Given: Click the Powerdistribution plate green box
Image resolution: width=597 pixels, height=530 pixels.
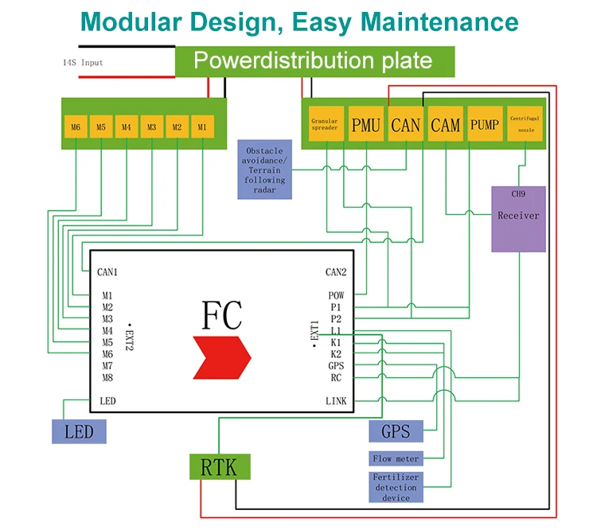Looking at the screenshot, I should click(314, 61).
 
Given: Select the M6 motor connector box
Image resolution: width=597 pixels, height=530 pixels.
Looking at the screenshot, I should click(76, 127).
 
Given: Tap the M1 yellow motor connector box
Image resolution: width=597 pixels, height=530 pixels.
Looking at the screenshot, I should click(202, 127).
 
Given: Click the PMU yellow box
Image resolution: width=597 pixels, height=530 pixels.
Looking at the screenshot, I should click(365, 125).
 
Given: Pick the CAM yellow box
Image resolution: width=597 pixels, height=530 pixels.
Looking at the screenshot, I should click(445, 125).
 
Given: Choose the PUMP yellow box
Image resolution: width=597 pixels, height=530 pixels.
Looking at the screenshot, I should click(485, 125).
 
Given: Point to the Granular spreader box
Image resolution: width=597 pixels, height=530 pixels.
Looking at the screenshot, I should click(325, 125).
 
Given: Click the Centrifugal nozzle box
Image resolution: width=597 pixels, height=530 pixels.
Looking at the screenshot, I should click(525, 125).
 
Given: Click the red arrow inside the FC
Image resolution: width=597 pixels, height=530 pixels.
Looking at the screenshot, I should click(221, 357).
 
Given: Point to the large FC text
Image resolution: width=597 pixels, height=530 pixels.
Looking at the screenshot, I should click(221, 314).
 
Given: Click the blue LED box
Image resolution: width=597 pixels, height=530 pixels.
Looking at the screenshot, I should click(79, 432).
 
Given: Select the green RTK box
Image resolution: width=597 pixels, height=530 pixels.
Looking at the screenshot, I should click(219, 466).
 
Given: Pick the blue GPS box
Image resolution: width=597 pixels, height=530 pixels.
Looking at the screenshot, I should click(396, 432).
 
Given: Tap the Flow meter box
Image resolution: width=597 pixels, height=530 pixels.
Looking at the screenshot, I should click(396, 458).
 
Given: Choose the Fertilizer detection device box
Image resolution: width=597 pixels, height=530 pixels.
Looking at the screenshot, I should click(396, 487).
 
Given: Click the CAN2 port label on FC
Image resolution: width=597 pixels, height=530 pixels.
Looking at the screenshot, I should click(334, 272).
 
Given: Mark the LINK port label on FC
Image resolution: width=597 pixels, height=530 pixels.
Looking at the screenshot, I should click(336, 401).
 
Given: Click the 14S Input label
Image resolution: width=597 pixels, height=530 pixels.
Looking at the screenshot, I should click(83, 62).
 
